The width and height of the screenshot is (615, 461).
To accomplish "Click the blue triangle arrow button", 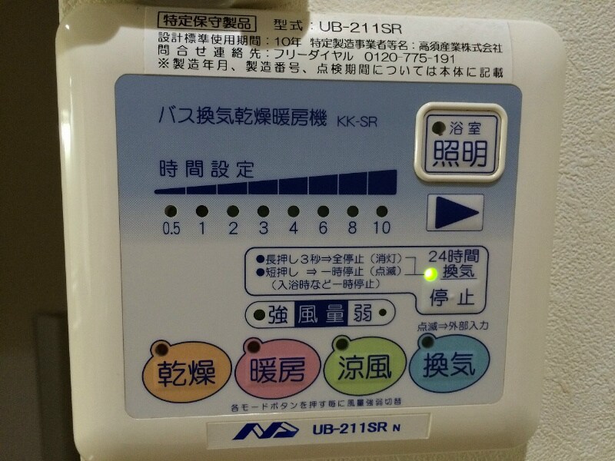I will tap(454, 213).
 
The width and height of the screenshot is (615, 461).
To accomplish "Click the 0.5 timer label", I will tap(171, 228).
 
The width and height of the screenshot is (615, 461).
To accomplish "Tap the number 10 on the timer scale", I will tap(382, 228).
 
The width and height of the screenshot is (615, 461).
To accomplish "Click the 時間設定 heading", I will tap(207, 169).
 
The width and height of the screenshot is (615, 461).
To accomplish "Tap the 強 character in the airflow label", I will tap(278, 314).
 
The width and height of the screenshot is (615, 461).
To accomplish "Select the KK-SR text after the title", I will tap(357, 121).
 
